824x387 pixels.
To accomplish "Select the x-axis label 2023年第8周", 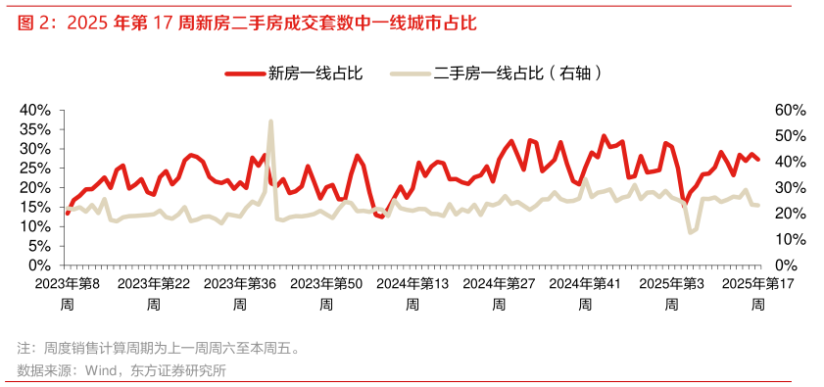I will click(x=66, y=293).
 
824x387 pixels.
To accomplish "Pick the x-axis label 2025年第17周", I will click(x=757, y=293).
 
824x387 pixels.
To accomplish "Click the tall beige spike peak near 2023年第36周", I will click(x=270, y=121).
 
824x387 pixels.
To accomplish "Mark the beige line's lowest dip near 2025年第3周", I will click(x=690, y=232).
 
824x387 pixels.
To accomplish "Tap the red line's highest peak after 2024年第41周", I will click(x=604, y=136).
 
